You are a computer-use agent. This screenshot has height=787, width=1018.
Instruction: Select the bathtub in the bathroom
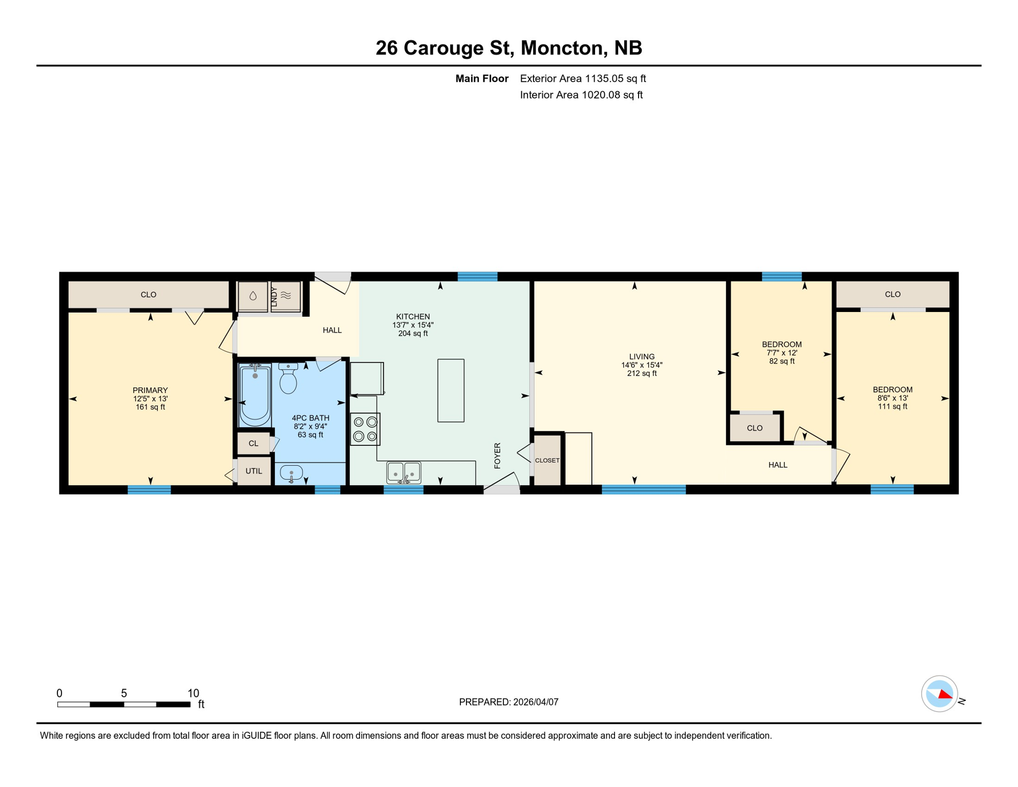tap(255, 395)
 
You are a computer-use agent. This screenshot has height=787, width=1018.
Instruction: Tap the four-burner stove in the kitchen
tap(365, 429)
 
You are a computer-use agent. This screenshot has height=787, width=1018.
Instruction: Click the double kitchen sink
tap(404, 472)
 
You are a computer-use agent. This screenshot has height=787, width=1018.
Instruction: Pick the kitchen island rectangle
tap(451, 390)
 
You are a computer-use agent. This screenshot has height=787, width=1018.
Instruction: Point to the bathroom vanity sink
tap(291, 473)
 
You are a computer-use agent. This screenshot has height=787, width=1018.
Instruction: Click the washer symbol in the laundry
tap(253, 296)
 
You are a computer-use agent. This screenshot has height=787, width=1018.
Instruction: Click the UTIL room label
tap(254, 471)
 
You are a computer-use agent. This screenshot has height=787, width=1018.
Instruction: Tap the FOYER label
tap(497, 455)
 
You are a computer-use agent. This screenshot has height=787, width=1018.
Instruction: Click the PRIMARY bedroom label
tap(150, 390)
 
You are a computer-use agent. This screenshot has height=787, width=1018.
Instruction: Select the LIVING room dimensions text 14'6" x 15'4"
tap(642, 365)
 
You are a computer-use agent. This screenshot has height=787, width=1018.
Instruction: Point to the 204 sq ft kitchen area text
tap(413, 334)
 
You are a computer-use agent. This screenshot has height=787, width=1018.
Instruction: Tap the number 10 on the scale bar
tap(193, 693)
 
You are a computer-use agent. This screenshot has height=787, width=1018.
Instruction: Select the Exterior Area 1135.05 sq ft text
tap(583, 78)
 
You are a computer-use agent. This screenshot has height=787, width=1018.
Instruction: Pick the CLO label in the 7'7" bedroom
tap(754, 428)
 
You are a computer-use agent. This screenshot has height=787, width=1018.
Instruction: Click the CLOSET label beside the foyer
tap(547, 461)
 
